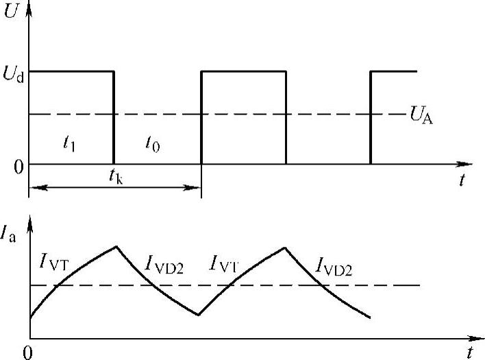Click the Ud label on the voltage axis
[14, 73]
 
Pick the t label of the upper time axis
[464, 180]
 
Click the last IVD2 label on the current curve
[334, 264]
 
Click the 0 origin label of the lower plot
[27, 352]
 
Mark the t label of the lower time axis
[470, 352]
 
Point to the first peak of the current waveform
[116, 246]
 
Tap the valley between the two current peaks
[199, 315]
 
